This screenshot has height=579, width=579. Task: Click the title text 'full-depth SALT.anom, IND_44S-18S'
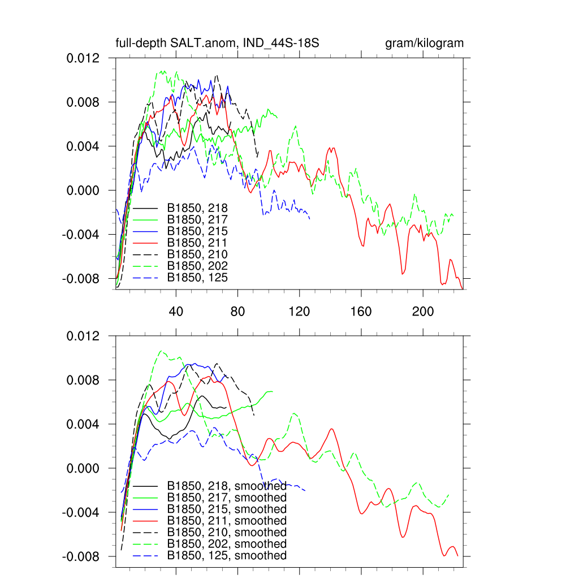tap(218, 44)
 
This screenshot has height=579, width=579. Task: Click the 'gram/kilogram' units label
tap(424, 44)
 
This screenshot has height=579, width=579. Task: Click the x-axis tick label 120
tap(299, 312)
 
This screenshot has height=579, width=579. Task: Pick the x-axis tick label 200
tap(422, 312)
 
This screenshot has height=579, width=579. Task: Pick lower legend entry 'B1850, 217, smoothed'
tap(227, 498)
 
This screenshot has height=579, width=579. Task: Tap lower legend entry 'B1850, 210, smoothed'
tap(227, 533)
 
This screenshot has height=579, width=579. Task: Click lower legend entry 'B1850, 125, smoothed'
tap(227, 556)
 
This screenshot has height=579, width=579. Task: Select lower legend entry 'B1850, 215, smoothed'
tap(227, 509)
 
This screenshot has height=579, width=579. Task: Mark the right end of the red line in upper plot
tap(463, 288)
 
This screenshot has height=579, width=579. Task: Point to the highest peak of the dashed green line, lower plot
tap(161, 351)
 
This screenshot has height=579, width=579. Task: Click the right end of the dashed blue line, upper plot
tap(310, 218)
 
